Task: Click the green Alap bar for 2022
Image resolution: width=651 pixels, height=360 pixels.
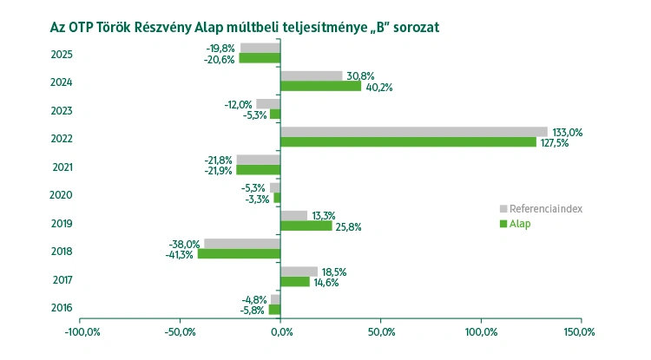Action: [408, 142]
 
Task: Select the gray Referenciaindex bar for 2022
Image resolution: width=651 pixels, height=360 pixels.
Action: [414, 132]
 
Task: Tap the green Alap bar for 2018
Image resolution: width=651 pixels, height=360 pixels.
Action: [239, 254]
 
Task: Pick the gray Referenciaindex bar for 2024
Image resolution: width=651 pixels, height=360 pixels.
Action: [311, 75]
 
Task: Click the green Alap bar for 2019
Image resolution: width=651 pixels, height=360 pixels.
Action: [306, 226]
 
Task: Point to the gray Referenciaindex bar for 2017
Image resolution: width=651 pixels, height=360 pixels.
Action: [299, 272]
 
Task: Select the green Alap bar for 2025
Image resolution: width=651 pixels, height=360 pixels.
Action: [260, 58]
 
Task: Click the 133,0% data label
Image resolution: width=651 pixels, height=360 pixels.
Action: [569, 132]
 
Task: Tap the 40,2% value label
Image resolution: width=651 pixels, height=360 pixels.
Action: [378, 87]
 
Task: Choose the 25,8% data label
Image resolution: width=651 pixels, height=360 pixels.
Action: [349, 226]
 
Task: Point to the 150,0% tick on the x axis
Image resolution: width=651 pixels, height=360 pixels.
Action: [580, 332]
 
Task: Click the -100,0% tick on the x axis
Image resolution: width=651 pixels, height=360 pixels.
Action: [80, 332]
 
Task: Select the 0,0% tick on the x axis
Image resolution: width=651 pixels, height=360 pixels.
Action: [281, 332]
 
